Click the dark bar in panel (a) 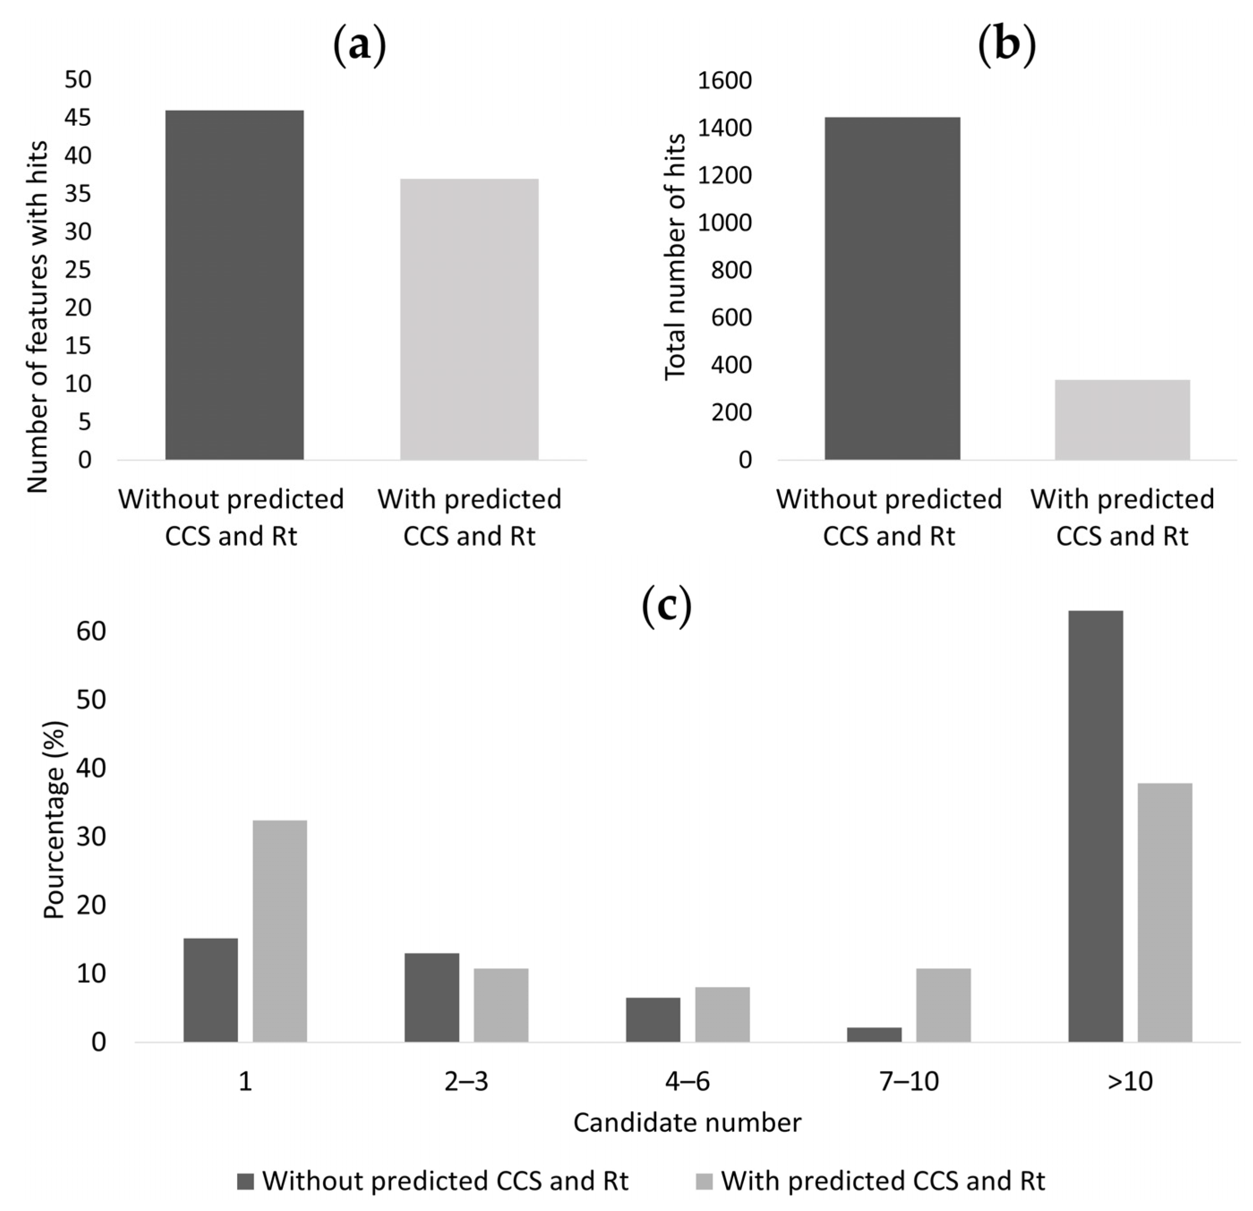coord(234,285)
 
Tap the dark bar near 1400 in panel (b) coord(892,288)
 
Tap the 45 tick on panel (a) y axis coord(78,118)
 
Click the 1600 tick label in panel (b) coord(724,81)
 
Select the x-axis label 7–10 coord(909,1081)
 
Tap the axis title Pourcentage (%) coord(55,820)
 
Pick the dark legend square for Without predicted coord(246,1181)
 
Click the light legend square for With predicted coord(704,1181)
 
